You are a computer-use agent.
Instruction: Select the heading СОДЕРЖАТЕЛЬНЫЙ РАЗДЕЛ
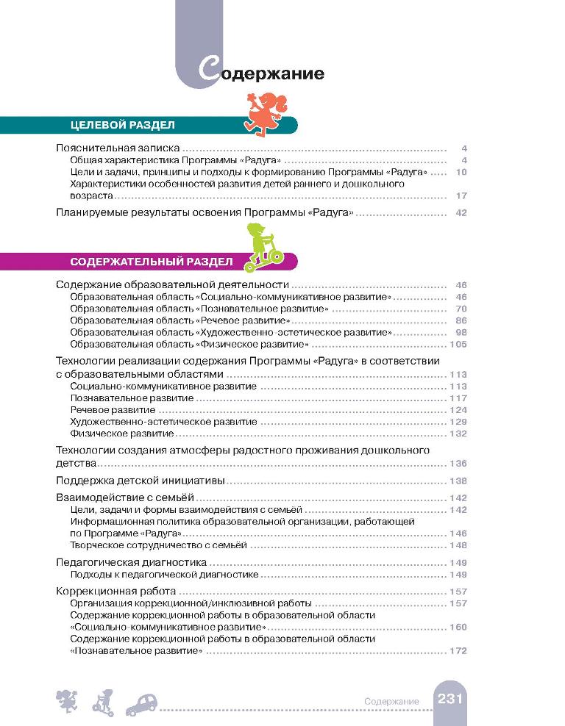point(152,261)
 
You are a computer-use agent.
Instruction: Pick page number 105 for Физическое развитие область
point(458,345)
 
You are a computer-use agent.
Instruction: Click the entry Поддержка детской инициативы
point(141,481)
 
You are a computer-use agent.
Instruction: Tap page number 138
point(458,481)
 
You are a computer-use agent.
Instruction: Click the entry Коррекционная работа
point(116,591)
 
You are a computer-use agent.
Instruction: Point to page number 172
point(458,651)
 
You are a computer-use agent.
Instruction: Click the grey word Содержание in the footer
point(391,702)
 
